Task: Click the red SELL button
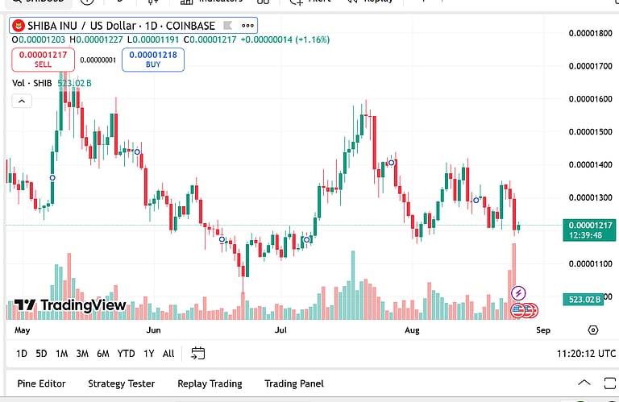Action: (43, 59)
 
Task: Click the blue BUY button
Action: (153, 59)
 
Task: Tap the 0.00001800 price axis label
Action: (590, 33)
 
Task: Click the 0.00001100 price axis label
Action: (590, 263)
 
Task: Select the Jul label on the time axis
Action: (280, 330)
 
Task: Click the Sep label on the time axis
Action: (542, 330)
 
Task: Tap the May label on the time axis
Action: (23, 330)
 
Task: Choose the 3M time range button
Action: (82, 354)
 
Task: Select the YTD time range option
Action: (126, 354)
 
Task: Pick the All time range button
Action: (168, 354)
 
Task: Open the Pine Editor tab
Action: (42, 383)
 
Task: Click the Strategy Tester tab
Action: (122, 383)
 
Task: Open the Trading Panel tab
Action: (294, 383)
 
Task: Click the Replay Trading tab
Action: (210, 383)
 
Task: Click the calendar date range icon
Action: (198, 354)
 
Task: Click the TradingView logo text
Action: (70, 305)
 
